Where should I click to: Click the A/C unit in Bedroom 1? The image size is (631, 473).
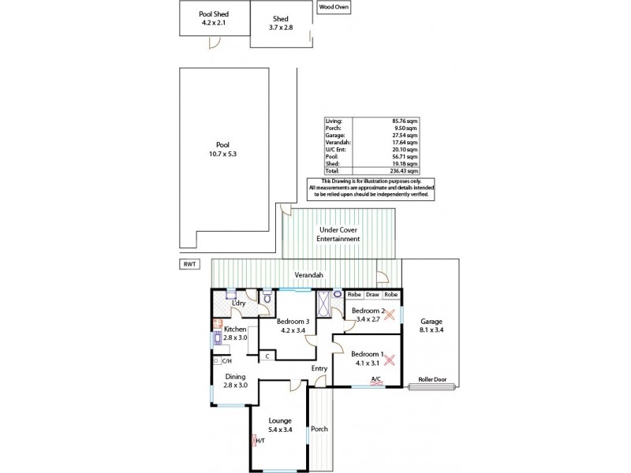click(376, 384)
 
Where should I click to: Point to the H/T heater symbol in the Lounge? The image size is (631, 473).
click(254, 441)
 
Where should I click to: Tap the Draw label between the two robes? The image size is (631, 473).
click(372, 294)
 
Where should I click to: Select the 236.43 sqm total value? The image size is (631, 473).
click(408, 170)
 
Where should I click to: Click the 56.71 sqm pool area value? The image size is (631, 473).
click(408, 155)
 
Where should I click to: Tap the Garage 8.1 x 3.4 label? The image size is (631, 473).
click(431, 326)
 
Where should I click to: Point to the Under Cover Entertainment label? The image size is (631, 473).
click(338, 234)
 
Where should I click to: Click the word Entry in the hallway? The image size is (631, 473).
click(319, 368)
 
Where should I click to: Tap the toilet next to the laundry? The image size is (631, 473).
click(268, 297)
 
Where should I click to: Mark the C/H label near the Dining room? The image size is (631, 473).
click(226, 361)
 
